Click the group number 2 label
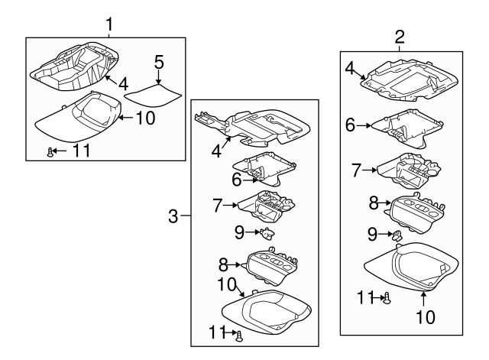tap(399, 35)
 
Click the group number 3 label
tap(173, 217)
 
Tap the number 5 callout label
tap(158, 61)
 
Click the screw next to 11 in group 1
tap(50, 152)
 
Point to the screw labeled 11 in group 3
tap(240, 334)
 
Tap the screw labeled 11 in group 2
tap(387, 298)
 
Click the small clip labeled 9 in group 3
tap(267, 232)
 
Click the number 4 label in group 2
tap(350, 69)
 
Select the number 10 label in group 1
tap(145, 118)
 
